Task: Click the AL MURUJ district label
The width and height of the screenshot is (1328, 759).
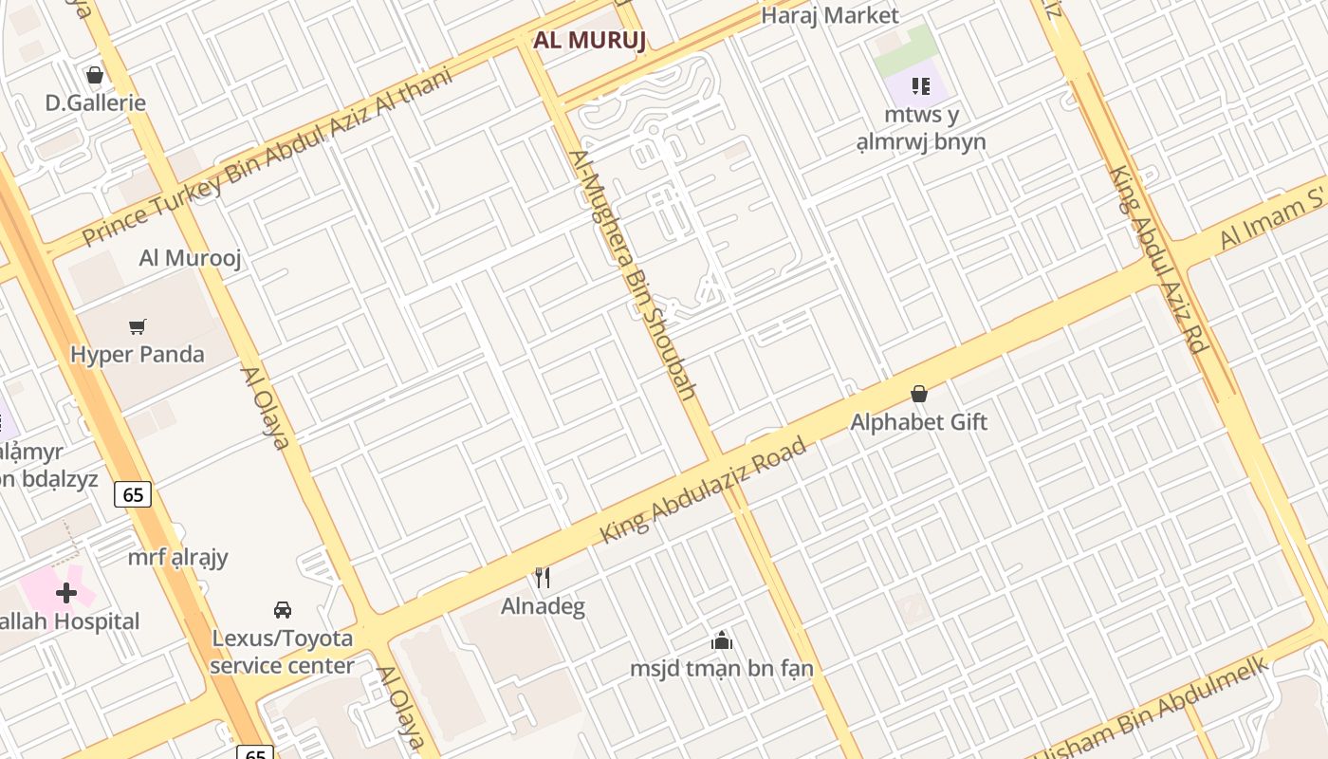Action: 589,41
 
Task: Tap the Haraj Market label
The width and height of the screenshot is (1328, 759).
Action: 829,15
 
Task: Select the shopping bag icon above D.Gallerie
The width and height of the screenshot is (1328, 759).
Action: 95,75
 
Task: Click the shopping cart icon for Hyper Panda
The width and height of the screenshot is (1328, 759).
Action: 138,327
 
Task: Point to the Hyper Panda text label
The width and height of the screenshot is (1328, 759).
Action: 138,355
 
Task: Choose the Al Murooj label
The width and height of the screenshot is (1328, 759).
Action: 191,257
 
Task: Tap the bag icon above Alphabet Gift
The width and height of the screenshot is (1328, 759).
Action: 918,394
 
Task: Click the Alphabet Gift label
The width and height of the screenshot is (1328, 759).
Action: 918,422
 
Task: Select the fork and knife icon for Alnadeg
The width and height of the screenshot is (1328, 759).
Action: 543,577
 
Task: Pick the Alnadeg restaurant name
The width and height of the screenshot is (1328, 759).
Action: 543,606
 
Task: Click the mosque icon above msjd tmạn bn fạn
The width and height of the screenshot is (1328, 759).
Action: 722,640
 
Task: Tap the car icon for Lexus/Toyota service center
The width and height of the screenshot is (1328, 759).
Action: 282,609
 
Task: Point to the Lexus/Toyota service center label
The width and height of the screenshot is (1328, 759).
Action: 282,652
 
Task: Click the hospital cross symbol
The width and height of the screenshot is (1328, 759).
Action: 66,594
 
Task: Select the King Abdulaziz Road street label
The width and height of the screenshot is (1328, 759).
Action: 703,491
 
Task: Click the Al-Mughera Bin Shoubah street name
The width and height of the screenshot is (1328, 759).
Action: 632,274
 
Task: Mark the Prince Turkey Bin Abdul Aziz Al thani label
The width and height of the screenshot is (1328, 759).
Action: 267,157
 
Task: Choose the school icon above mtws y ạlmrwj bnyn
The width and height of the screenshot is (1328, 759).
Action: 920,86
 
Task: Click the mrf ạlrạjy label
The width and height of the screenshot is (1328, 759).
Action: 178,557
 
